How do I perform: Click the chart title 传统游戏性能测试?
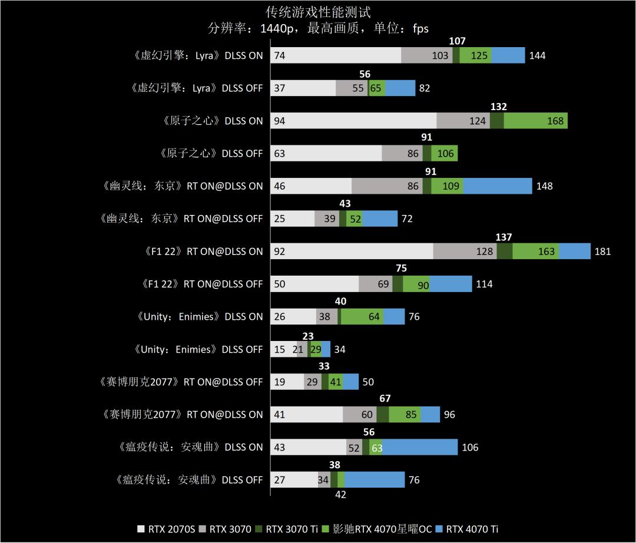point(318,12)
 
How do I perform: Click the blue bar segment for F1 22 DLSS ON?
point(575,251)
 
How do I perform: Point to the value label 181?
point(602,251)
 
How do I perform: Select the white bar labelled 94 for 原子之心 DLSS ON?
point(353,121)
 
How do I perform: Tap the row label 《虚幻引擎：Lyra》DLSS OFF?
point(196,88)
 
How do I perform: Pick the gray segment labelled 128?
point(465,251)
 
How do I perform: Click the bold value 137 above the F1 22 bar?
point(504,237)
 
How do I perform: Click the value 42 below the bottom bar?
point(340,495)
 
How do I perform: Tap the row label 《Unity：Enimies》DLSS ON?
point(198,317)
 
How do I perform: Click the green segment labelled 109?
point(448,186)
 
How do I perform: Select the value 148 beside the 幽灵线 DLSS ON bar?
point(544,186)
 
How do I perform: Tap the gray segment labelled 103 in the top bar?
point(427,55)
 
